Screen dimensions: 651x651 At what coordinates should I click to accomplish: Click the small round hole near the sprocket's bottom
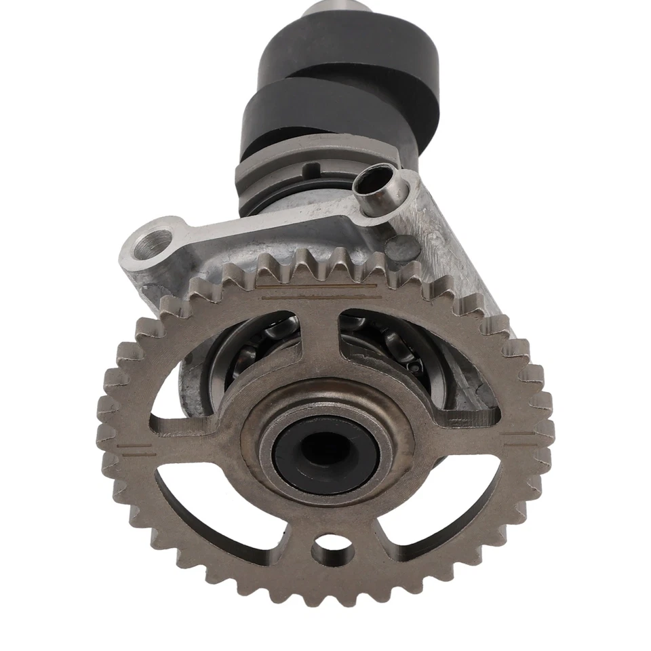point(328,542)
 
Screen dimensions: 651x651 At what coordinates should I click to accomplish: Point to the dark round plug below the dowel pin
point(404,244)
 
